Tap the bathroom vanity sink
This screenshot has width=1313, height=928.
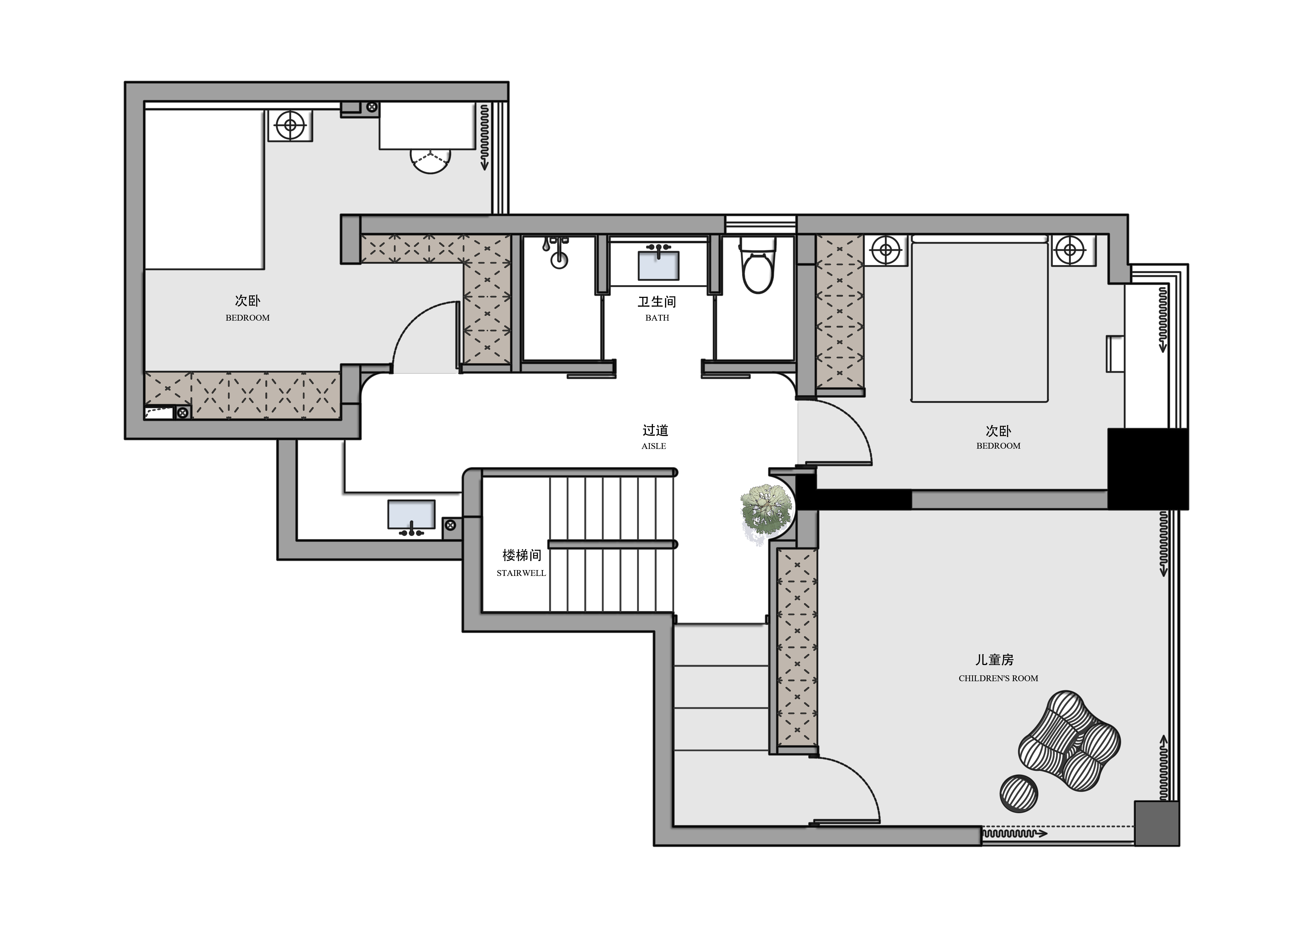[659, 265]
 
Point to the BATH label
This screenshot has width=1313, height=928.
[657, 318]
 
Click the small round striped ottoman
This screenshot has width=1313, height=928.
[1019, 794]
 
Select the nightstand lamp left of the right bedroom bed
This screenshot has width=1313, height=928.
[885, 250]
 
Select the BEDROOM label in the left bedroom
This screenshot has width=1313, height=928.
[248, 318]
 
